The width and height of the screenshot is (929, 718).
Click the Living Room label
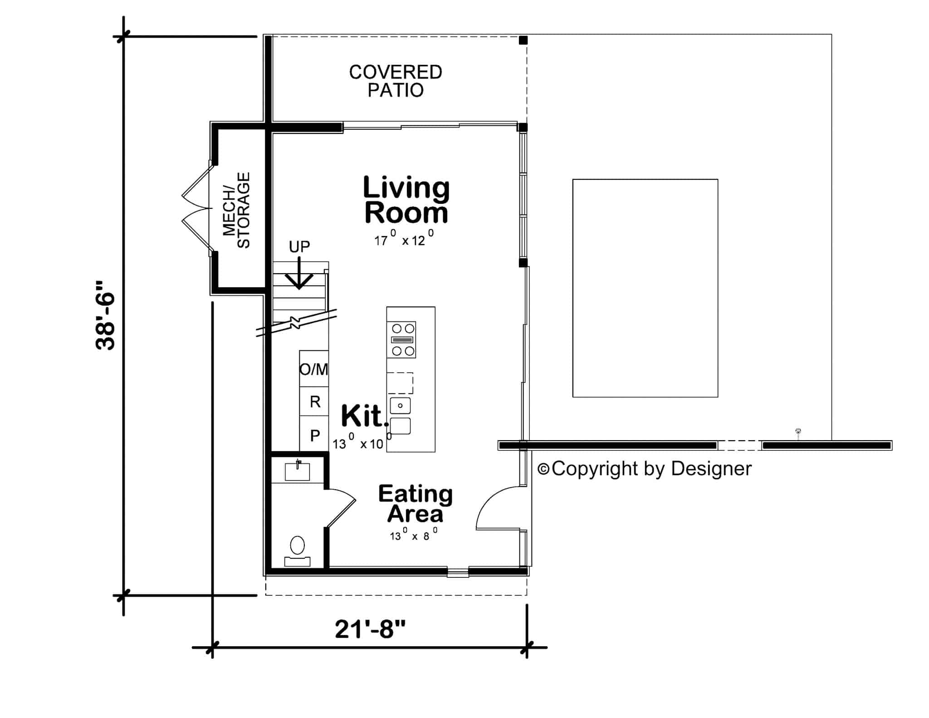pyautogui.click(x=406, y=200)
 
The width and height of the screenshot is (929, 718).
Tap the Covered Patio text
pyautogui.click(x=395, y=81)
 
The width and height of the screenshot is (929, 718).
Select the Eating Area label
pyautogui.click(x=415, y=504)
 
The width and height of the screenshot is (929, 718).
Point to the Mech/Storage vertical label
pyautogui.click(x=237, y=210)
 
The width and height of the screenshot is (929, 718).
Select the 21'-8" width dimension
pyautogui.click(x=370, y=629)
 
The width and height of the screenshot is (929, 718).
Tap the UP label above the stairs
pyautogui.click(x=299, y=247)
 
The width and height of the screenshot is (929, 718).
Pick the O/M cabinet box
pyautogui.click(x=314, y=369)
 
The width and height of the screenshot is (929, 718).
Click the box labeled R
pyautogui.click(x=315, y=402)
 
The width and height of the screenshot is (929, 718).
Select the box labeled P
pyautogui.click(x=315, y=436)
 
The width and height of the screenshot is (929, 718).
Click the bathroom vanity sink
pyautogui.click(x=297, y=472)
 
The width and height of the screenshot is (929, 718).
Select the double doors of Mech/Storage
pyautogui.click(x=196, y=208)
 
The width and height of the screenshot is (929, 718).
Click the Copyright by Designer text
pyautogui.click(x=645, y=469)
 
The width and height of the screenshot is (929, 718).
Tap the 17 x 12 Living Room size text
pyautogui.click(x=404, y=239)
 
